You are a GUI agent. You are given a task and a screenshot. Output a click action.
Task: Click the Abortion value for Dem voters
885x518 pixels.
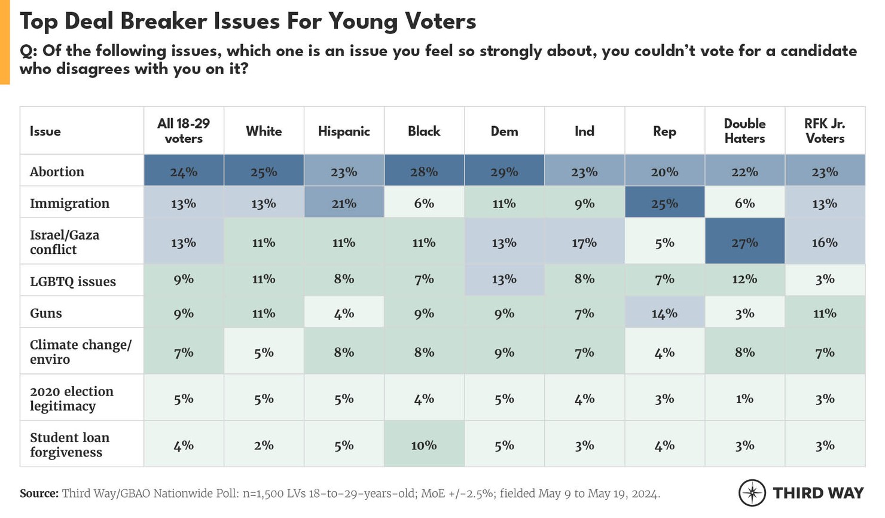coord(504,172)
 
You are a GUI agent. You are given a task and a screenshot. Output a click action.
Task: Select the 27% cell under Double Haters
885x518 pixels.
coord(744,243)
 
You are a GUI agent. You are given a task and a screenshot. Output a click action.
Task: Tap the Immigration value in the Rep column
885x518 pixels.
coord(664,204)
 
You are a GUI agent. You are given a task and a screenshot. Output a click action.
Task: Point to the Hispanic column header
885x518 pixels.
coord(344,131)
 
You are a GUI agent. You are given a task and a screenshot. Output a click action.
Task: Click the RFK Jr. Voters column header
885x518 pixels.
coord(825,131)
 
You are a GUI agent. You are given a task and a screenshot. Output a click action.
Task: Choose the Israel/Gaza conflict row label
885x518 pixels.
coord(65,242)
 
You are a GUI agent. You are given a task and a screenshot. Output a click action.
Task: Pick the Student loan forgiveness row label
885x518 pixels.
coord(69,445)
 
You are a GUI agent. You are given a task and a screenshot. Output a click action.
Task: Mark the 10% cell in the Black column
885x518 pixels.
coord(424,445)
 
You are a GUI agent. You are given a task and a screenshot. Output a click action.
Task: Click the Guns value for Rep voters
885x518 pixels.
coord(664,313)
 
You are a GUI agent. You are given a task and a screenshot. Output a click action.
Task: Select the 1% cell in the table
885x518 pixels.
coord(744,399)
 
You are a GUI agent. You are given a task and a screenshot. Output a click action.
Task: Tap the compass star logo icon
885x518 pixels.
coord(752,493)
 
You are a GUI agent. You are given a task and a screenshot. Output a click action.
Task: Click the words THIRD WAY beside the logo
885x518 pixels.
coord(818,493)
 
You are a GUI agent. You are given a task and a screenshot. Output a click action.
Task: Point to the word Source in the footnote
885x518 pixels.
coord(38,494)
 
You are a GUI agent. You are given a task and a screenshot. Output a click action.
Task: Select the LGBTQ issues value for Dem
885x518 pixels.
coord(504,279)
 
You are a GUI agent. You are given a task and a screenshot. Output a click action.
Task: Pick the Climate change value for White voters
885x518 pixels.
coord(264,353)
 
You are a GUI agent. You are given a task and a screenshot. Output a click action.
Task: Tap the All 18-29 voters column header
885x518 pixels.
coord(184,131)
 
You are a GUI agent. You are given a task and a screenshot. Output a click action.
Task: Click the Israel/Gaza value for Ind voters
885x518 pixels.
coord(584,243)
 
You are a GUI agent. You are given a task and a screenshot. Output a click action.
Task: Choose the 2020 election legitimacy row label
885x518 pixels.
coord(71,399)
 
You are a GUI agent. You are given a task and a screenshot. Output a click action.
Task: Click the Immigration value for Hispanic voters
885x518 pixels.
coord(344,204)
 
